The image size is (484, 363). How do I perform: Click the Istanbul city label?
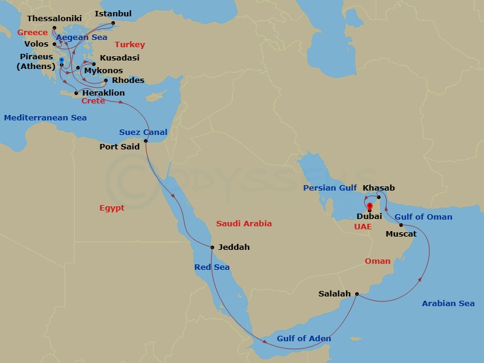point(114,13)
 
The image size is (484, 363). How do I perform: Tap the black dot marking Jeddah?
point(212,247)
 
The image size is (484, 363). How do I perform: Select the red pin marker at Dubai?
point(369,207)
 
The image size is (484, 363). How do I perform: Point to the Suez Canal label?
point(143,132)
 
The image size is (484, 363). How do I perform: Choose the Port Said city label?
point(119,146)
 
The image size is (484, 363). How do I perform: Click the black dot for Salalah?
point(356,294)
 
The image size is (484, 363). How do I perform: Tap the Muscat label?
point(401,234)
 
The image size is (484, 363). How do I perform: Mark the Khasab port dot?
point(379,197)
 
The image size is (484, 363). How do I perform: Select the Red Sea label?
point(212,267)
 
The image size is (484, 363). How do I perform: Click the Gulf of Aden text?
point(304,338)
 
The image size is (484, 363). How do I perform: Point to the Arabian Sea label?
point(448,303)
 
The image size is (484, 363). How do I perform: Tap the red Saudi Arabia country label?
point(244,223)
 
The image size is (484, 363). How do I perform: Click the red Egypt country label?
point(112,208)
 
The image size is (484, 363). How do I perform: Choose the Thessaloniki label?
point(54,19)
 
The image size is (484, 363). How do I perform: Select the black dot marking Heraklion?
point(76,93)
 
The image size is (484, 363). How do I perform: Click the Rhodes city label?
point(129,80)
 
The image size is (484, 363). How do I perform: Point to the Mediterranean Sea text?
point(45,118)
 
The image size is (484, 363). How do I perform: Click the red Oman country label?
point(378,261)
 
